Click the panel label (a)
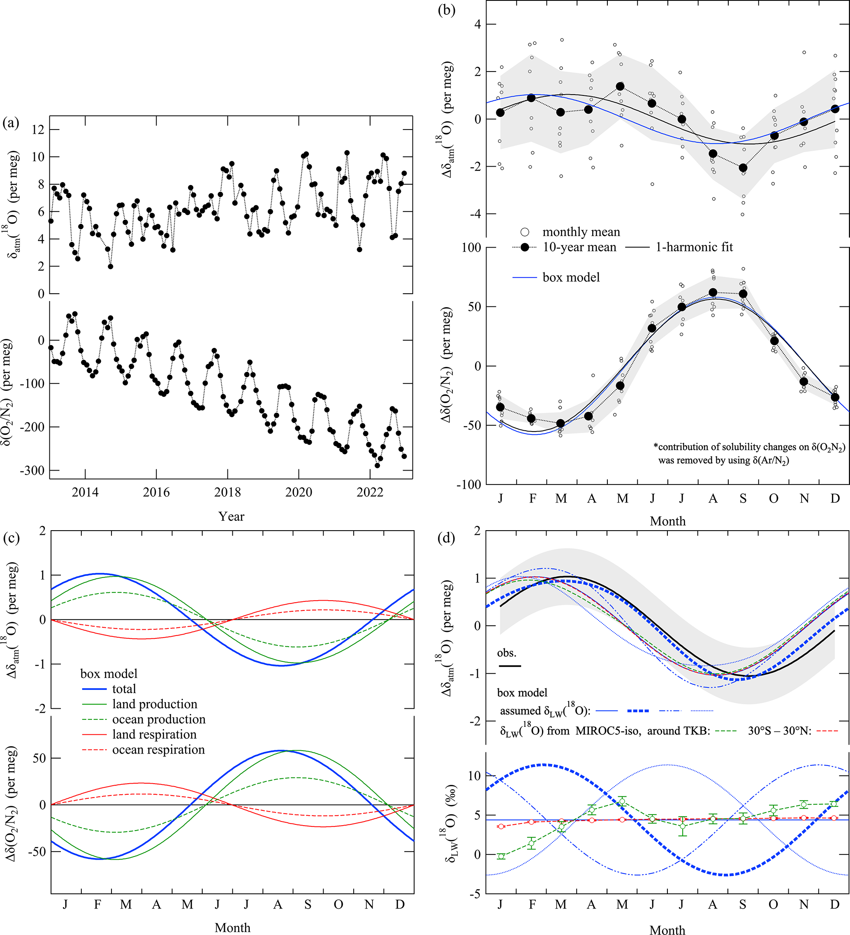click(x=11, y=123)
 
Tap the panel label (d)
click(x=446, y=538)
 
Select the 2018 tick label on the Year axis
click(x=227, y=492)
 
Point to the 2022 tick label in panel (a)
click(x=370, y=492)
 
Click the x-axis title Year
click(x=231, y=516)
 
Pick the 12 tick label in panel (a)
click(x=38, y=130)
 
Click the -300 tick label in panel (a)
click(x=32, y=470)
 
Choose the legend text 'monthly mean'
click(x=581, y=232)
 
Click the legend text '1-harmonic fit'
click(x=694, y=247)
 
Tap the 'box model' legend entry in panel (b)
click(x=571, y=277)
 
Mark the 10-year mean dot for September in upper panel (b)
click(x=743, y=168)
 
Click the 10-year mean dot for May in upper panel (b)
click(x=621, y=87)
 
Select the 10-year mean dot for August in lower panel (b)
click(x=713, y=292)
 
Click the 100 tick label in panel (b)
click(x=471, y=247)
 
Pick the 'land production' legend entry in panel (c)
click(x=155, y=704)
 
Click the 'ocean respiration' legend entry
click(x=158, y=749)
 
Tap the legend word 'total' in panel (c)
click(x=124, y=689)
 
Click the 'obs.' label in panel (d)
click(x=506, y=653)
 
